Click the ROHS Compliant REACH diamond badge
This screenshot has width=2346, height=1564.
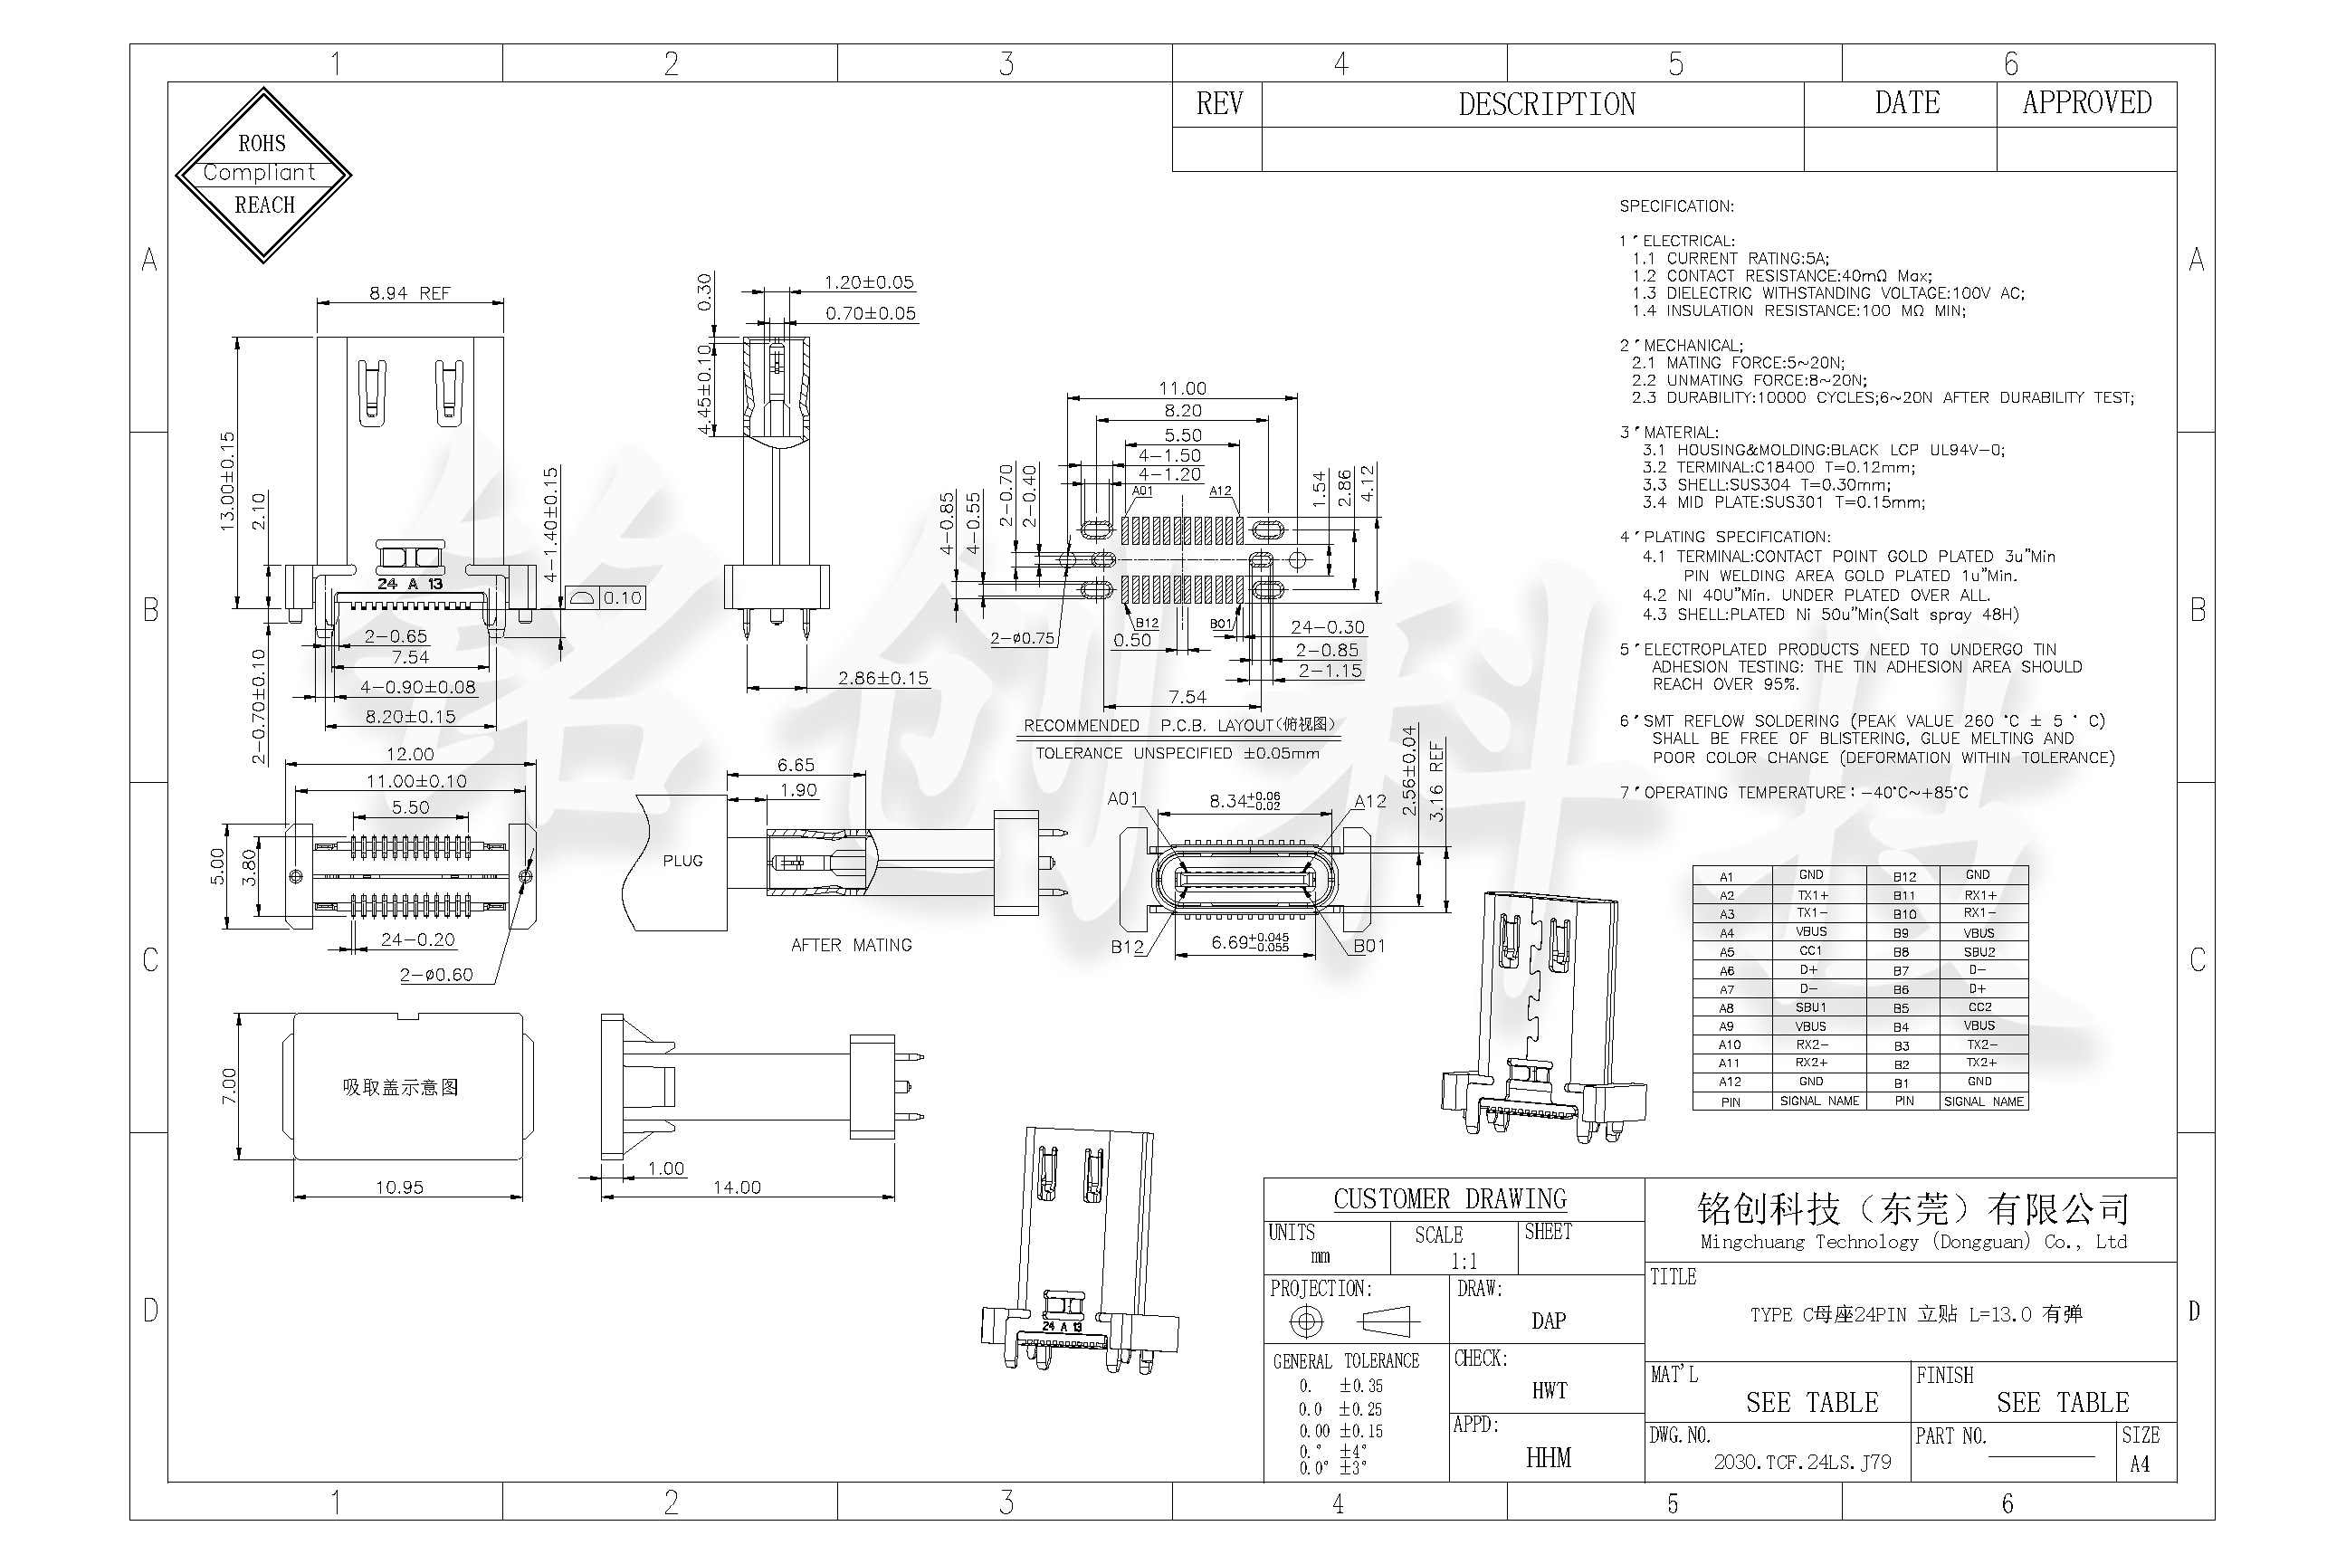[263, 175]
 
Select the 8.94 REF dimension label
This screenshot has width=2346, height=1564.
[409, 293]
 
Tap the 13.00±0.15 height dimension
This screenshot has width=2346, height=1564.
[227, 480]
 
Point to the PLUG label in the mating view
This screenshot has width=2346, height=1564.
[682, 861]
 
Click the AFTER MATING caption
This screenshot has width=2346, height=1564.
[851, 945]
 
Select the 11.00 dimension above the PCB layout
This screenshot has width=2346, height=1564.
[1182, 388]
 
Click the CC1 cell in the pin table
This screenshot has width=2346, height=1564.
[1810, 951]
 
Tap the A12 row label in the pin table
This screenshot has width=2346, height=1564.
[1730, 1082]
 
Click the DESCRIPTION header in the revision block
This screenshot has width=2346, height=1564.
[1546, 105]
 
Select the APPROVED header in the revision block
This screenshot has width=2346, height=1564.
[2086, 103]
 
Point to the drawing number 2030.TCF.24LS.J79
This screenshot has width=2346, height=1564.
[1801, 1463]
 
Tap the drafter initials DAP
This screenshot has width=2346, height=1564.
[1548, 1321]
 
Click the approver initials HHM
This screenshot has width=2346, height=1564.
[1548, 1458]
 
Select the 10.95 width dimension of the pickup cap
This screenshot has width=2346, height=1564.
[399, 1187]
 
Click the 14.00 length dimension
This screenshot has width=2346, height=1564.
[736, 1187]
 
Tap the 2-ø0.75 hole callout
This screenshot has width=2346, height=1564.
[1023, 638]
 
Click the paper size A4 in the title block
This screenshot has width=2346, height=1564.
[2140, 1464]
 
